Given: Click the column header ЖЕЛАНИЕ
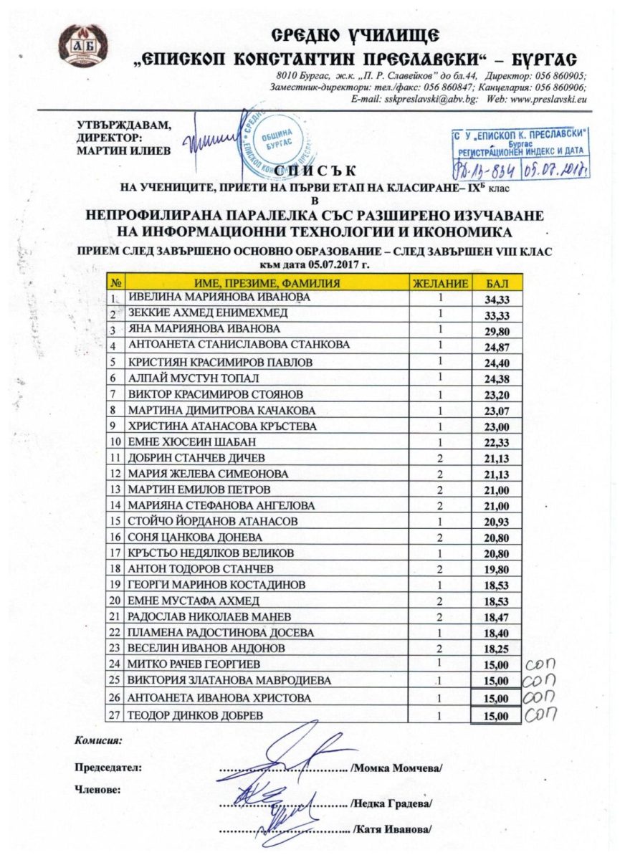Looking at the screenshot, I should pyautogui.click(x=442, y=284).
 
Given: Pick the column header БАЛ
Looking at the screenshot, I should pyautogui.click(x=497, y=284).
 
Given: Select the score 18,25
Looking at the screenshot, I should pyautogui.click(x=497, y=649).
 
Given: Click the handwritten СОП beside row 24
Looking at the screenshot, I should pyautogui.click(x=539, y=666).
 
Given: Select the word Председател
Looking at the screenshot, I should pyautogui.click(x=108, y=768).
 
